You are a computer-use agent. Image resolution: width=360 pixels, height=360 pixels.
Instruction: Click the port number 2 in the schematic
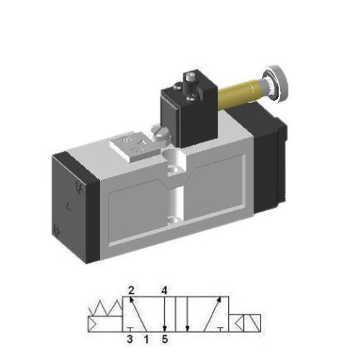point(132,291)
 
